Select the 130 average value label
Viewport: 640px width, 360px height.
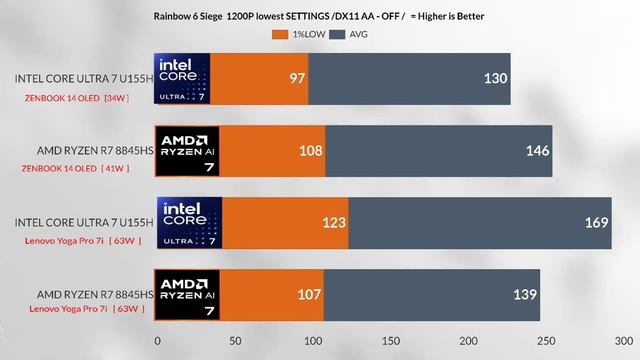click(494, 79)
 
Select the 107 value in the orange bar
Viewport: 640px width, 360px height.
click(308, 294)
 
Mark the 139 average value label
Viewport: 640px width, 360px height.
click(523, 294)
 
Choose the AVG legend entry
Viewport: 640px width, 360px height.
click(352, 34)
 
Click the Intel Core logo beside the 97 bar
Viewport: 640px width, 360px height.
click(181, 78)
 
